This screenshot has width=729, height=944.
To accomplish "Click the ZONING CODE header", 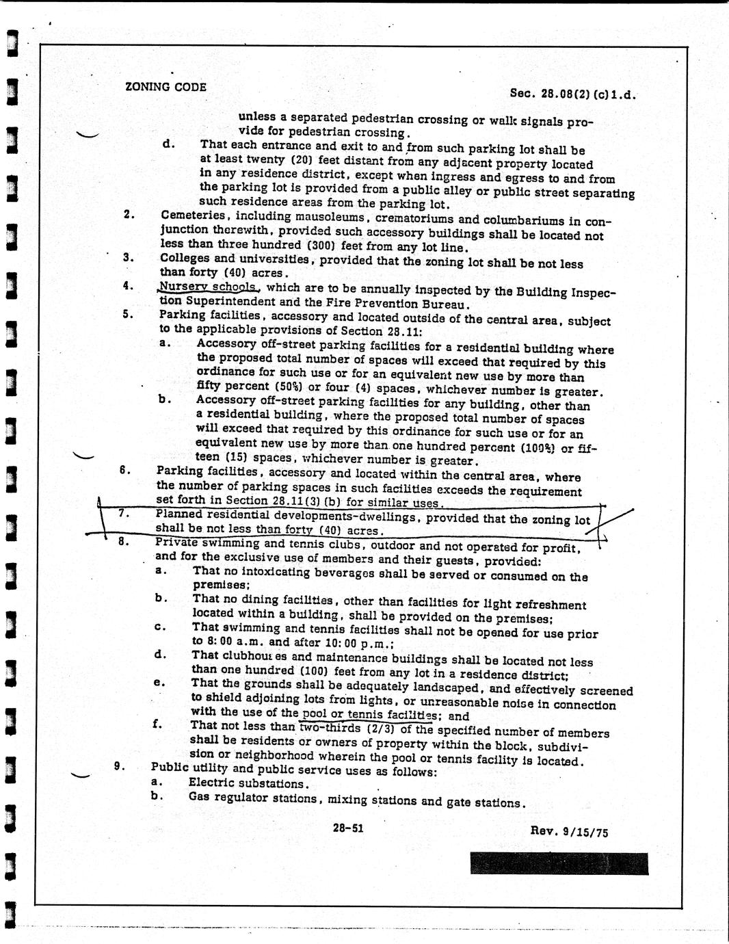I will pos(165,87).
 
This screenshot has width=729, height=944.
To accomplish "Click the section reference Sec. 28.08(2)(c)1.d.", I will pos(573,94).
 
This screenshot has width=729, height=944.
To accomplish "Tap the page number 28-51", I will pos(348,828).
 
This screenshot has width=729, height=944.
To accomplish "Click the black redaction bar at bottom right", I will pos(559,863).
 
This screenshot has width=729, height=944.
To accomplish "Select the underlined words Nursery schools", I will pos(208,287).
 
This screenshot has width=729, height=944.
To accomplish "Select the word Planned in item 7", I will pos(179,514).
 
